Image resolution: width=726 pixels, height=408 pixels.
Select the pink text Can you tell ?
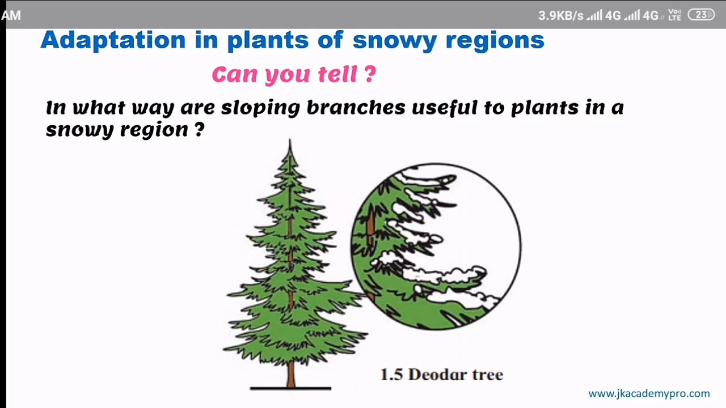pos(293,74)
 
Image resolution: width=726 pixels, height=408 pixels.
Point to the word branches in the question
pos(356,107)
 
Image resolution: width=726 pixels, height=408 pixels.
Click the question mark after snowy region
pos(199,130)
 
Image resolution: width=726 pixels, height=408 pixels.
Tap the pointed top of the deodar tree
pos(290,144)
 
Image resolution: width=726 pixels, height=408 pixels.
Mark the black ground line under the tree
pos(290,388)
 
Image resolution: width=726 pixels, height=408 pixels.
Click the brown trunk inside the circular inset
pos(370,227)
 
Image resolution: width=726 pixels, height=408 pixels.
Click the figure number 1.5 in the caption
pos(391,375)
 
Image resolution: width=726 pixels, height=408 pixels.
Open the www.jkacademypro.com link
pos(649,393)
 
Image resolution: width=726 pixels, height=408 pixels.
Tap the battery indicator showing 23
pos(701,15)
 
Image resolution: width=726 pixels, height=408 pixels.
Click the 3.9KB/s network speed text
pos(560,16)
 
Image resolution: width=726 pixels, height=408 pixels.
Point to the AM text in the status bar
pos(11,16)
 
